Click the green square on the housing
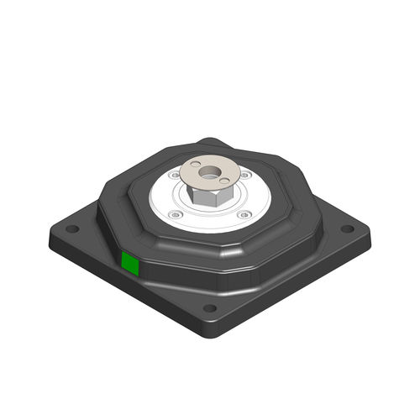(x=130, y=264)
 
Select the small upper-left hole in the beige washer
(x=195, y=165)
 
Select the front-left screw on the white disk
(x=173, y=215)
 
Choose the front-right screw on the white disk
(x=245, y=215)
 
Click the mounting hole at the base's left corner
(x=73, y=228)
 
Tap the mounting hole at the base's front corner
(x=209, y=307)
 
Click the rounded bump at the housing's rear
(x=210, y=144)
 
